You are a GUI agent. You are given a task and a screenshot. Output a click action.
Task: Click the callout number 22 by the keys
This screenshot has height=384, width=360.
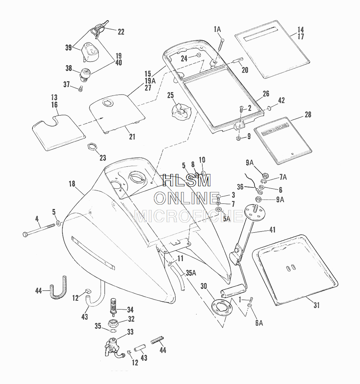(x=121, y=32)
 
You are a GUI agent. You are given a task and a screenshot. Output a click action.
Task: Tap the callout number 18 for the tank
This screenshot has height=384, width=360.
(x=72, y=184)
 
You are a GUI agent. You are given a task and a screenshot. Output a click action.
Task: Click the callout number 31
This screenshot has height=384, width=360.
(x=316, y=305)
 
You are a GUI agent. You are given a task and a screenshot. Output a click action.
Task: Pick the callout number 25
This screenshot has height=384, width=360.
(x=171, y=95)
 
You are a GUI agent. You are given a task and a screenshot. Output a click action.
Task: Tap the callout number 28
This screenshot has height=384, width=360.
(x=308, y=115)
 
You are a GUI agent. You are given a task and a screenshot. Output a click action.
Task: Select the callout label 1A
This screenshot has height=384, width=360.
(x=217, y=29)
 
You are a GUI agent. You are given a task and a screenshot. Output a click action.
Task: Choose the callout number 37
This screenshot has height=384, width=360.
(x=66, y=84)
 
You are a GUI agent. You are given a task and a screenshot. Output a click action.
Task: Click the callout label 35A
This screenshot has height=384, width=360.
(x=191, y=273)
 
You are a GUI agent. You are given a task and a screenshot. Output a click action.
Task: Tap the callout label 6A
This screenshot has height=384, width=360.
(x=259, y=323)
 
